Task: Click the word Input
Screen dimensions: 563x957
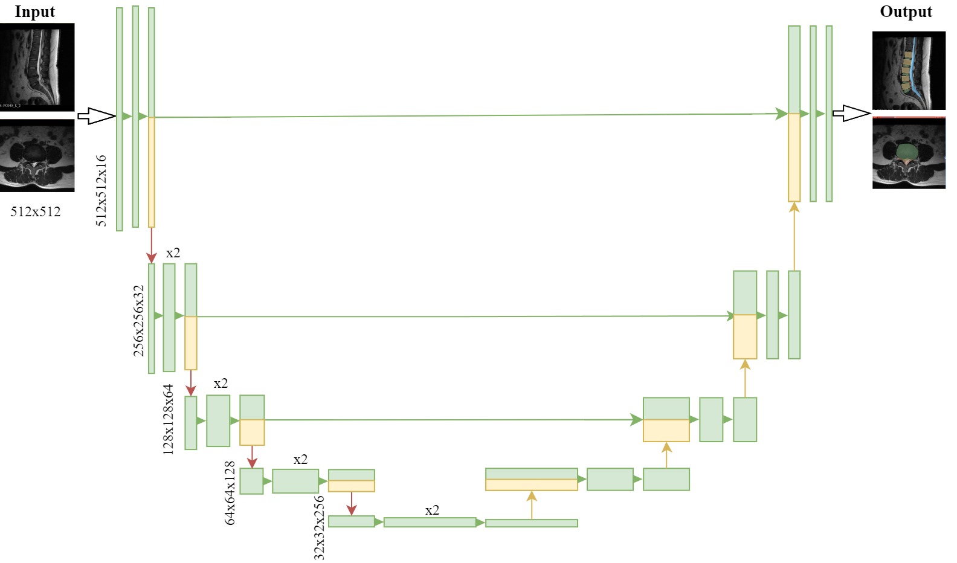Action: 34,11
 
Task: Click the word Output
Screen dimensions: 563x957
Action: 905,11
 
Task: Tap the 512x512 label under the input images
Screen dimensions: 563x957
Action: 36,211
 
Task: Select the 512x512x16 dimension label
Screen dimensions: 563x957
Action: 101,190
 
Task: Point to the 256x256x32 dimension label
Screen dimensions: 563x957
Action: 139,320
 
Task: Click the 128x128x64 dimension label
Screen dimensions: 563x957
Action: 168,419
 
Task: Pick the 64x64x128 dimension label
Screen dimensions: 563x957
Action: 230,493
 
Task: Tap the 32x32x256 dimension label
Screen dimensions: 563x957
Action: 319,527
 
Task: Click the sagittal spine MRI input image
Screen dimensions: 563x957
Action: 37,66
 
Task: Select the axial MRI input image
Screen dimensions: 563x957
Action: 37,155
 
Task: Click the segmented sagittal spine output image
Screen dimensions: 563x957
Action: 909,71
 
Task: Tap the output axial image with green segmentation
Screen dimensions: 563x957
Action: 909,153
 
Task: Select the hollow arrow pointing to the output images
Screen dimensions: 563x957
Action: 851,113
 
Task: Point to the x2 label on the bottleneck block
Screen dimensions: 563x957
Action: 432,510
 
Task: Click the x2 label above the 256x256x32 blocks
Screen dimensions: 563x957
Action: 173,253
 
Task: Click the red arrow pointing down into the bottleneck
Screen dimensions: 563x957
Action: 352,503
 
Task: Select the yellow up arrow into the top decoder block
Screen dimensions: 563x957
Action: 794,236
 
